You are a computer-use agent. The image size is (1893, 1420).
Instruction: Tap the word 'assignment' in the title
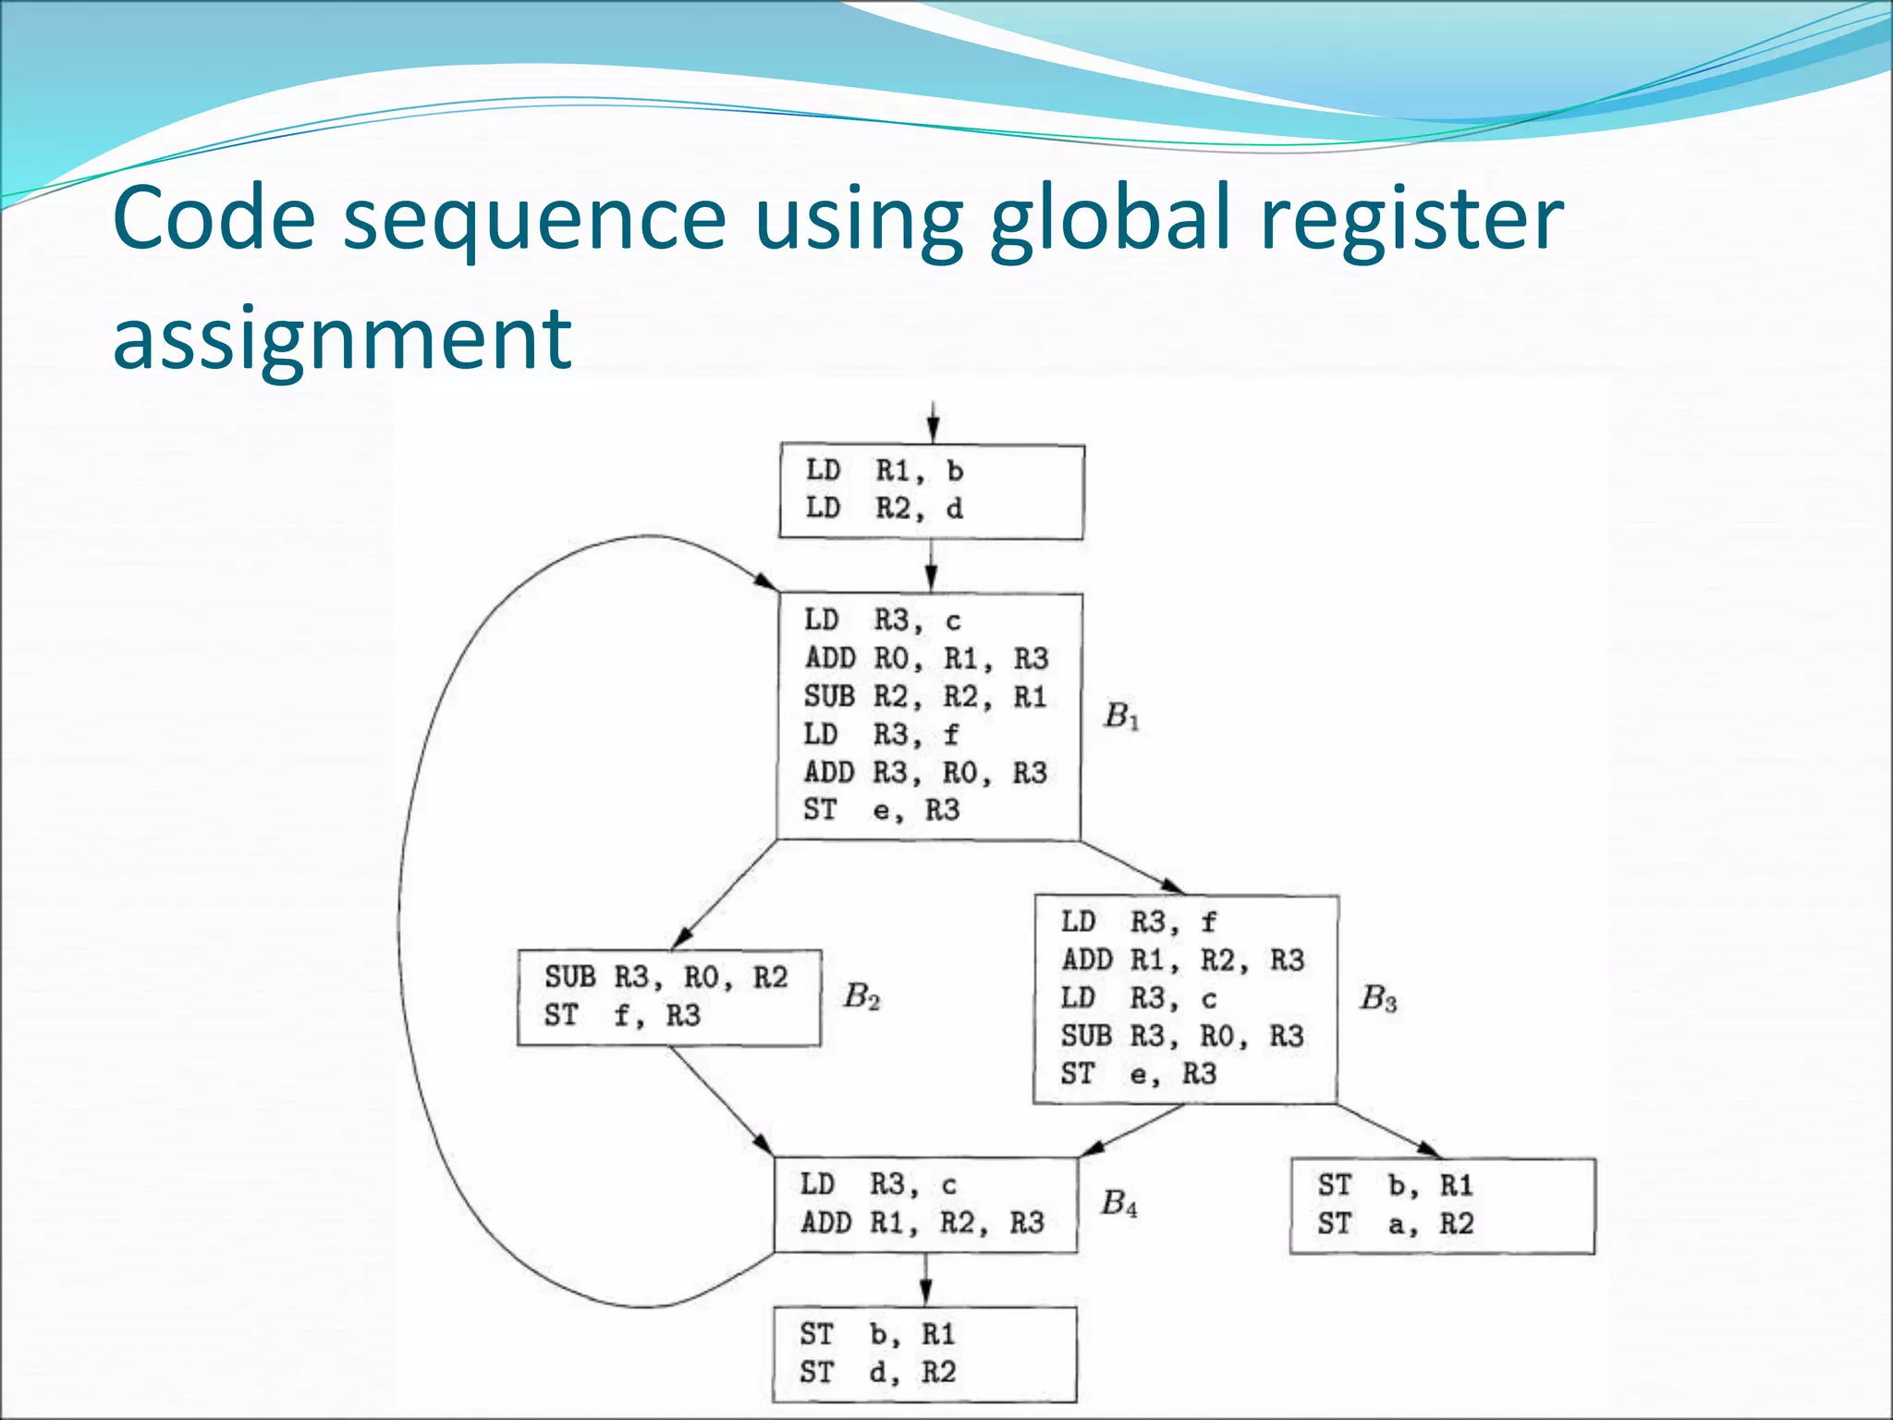(342, 337)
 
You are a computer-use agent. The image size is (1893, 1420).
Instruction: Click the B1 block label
(1121, 716)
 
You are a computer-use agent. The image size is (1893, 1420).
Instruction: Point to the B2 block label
(861, 997)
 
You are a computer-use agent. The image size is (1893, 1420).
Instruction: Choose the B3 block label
(1377, 998)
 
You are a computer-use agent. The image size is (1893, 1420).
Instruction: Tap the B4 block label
(1118, 1203)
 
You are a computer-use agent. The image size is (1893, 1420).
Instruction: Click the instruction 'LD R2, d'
(884, 508)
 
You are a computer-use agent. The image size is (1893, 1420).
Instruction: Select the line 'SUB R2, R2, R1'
(924, 696)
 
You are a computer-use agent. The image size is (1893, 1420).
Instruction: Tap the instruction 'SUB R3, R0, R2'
(666, 977)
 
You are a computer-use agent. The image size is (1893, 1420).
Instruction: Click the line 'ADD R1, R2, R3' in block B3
(1182, 960)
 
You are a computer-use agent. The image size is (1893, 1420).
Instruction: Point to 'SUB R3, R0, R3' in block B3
(1182, 1035)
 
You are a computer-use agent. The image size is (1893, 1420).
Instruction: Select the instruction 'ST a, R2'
(1395, 1224)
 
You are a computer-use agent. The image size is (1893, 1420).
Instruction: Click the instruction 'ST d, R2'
(877, 1372)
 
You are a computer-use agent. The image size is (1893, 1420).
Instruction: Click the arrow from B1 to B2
(727, 894)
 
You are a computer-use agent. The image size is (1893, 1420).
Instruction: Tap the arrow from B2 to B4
(722, 1101)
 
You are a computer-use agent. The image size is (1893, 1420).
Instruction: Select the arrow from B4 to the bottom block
(925, 1280)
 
